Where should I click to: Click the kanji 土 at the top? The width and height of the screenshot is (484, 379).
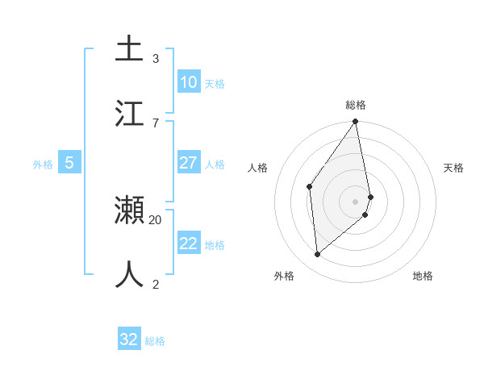click(x=129, y=48)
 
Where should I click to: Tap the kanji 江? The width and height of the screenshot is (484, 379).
click(x=129, y=113)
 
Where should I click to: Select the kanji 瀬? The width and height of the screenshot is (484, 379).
click(x=129, y=210)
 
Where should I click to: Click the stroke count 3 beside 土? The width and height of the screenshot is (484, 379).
click(x=156, y=58)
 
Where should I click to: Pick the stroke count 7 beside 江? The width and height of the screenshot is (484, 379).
click(x=156, y=123)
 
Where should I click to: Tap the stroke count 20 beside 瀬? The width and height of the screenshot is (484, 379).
click(x=156, y=219)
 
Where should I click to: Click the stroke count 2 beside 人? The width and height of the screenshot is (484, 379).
click(x=156, y=284)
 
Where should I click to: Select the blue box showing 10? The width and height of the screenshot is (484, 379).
click(x=188, y=82)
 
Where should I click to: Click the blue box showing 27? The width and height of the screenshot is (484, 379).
click(x=188, y=163)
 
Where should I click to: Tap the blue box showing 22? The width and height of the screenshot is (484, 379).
click(x=188, y=244)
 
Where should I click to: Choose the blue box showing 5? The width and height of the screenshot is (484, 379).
click(x=69, y=163)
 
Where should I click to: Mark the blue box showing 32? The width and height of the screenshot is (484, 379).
click(x=129, y=339)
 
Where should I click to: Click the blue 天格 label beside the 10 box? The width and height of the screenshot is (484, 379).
click(x=214, y=84)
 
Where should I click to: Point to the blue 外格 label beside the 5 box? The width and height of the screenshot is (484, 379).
click(x=43, y=165)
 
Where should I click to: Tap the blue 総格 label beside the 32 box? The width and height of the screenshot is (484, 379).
click(x=155, y=341)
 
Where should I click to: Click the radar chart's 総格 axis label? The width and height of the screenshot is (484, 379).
click(x=356, y=105)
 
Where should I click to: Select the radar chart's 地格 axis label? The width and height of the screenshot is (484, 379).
click(x=423, y=276)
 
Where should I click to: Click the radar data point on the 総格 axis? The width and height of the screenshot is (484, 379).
click(x=356, y=123)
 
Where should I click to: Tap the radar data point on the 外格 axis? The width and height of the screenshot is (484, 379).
click(x=317, y=255)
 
